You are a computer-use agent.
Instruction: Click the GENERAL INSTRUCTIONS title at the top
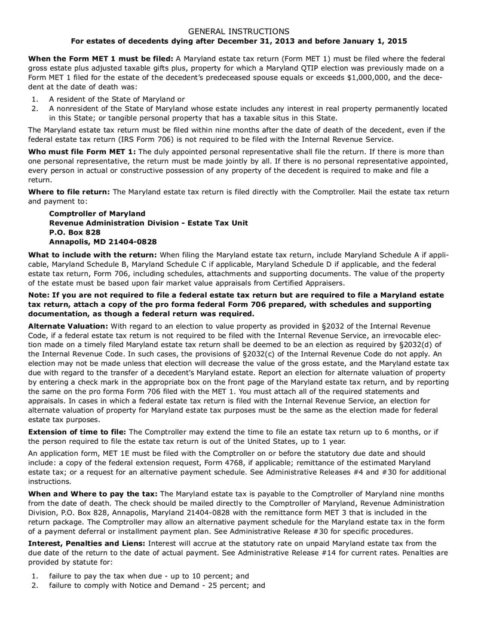[239, 31]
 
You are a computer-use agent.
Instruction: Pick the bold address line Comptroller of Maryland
[97, 214]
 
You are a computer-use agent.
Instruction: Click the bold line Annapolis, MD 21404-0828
[103, 242]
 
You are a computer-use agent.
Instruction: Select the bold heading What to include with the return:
[93, 254]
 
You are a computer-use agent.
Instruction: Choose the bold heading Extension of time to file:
[78, 432]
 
